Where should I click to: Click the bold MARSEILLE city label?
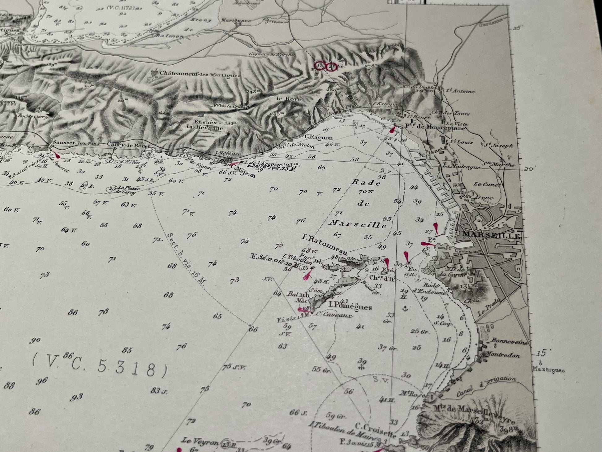click(x=491, y=235)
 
